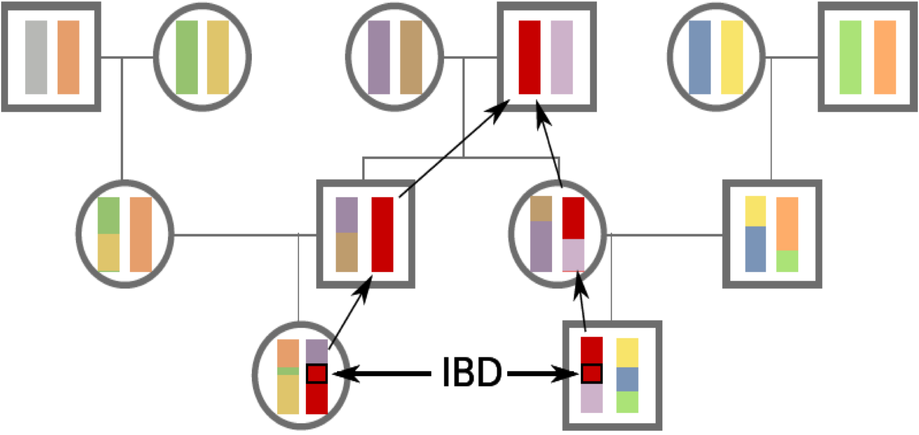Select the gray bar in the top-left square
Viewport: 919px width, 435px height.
[36, 57]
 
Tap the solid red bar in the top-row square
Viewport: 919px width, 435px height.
[529, 57]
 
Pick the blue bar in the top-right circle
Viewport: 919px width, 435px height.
[700, 57]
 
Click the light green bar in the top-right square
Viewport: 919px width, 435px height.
[850, 57]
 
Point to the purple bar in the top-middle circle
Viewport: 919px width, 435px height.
[379, 57]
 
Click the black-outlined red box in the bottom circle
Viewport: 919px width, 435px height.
[316, 373]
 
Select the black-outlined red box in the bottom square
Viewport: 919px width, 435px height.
[591, 373]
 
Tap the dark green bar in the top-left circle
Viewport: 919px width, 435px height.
[187, 57]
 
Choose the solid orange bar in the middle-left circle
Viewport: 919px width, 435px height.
[140, 234]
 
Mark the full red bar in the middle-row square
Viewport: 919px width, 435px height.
[382, 234]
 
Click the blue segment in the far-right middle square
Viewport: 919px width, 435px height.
[755, 249]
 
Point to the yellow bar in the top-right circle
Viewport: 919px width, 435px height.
[732, 57]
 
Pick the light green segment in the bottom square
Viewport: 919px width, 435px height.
[627, 401]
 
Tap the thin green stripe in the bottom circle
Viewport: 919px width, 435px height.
[288, 371]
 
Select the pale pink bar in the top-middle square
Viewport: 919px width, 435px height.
[562, 57]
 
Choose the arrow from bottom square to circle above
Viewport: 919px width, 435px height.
[580, 306]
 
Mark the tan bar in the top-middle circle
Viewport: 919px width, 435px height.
[411, 57]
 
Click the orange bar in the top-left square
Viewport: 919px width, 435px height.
[68, 57]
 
